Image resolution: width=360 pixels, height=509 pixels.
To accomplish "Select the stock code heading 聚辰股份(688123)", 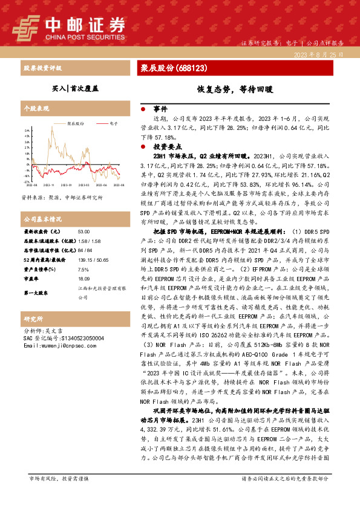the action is point(170,68).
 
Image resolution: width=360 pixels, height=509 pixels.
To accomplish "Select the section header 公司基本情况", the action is point(42,219).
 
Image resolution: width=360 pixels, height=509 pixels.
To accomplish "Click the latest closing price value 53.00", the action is point(83,232).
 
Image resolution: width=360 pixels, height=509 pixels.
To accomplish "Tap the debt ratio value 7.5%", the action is point(83,270).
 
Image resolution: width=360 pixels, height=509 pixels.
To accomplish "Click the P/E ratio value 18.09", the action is point(84,279).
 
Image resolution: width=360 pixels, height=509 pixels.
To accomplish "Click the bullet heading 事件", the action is point(160,109).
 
